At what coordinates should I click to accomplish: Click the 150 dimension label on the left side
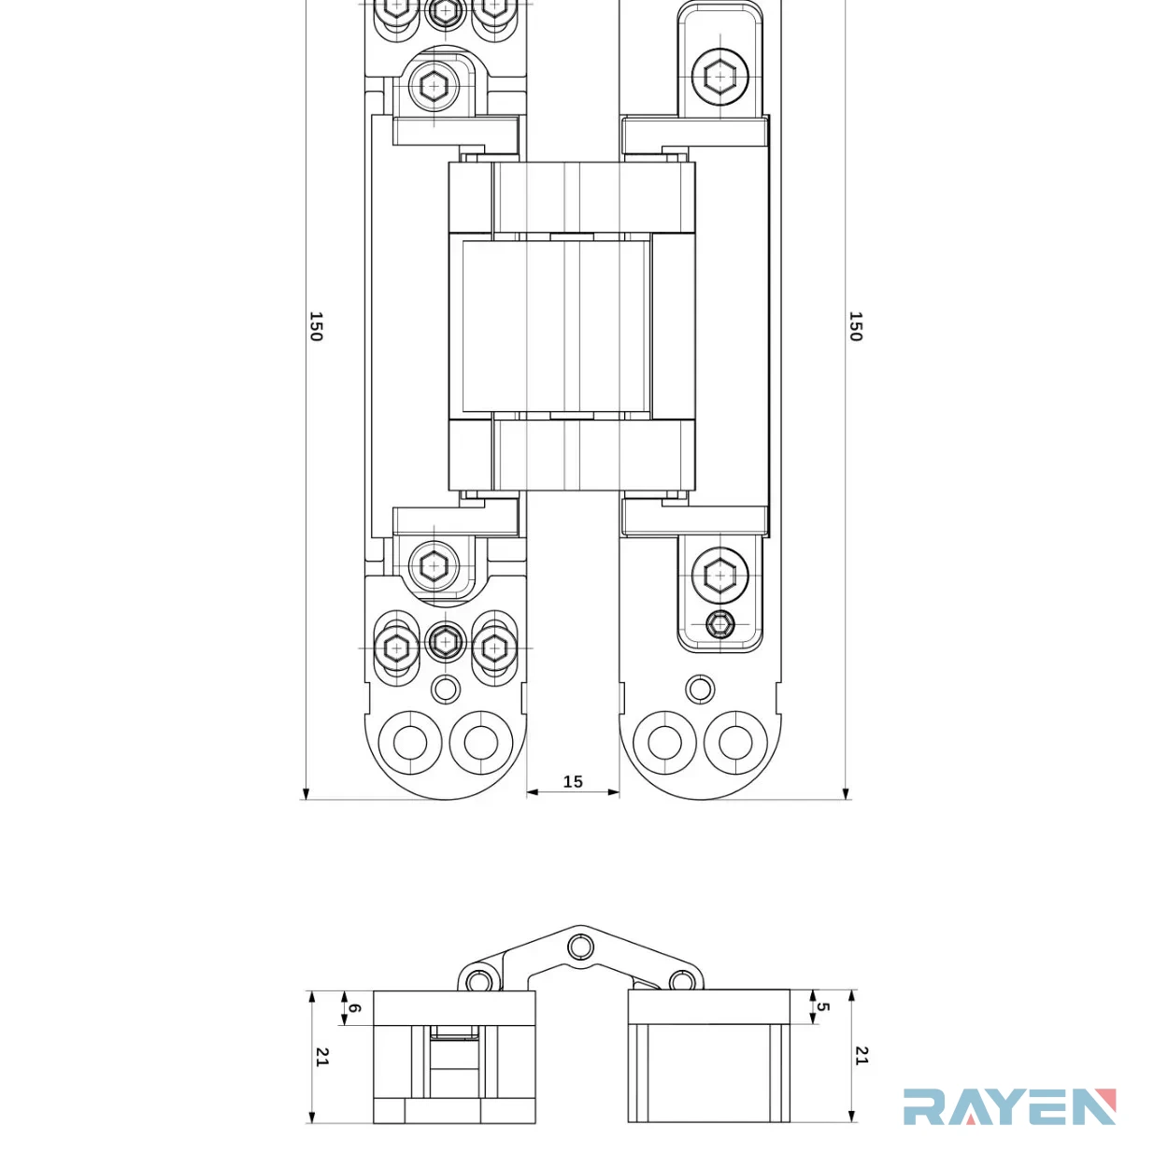316,327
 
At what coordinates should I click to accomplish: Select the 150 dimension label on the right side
855,327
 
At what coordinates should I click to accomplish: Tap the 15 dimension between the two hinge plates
573,781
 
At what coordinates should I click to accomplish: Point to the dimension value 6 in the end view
355,1008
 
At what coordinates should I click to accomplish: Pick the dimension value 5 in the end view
822,1006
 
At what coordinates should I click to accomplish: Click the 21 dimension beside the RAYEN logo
862,1055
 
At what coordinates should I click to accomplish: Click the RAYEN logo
1009,1106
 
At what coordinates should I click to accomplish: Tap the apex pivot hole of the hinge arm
580,947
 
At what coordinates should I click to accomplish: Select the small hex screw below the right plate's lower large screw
720,624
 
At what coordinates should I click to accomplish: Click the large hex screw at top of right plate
719,77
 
